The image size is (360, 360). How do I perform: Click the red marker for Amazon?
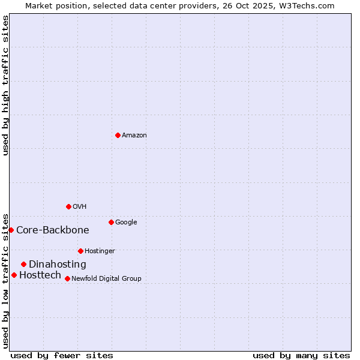click(x=118, y=135)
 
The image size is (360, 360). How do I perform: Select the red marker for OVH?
click(x=68, y=206)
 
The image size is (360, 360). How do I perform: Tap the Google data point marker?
click(x=111, y=222)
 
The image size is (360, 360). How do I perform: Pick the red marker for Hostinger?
click(x=80, y=251)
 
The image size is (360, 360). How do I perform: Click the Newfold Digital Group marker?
click(x=67, y=278)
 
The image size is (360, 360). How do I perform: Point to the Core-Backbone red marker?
click(x=11, y=230)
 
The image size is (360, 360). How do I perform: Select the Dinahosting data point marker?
click(x=23, y=264)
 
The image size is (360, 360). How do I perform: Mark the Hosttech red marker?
click(x=14, y=275)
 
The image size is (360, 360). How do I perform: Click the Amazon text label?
click(x=134, y=136)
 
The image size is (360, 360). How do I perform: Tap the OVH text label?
click(x=80, y=207)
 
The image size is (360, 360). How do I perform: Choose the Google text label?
click(x=126, y=223)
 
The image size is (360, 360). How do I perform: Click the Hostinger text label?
click(x=100, y=251)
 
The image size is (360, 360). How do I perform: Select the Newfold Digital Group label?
click(x=106, y=279)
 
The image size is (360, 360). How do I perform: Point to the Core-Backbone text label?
click(x=53, y=230)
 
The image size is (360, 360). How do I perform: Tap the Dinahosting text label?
click(x=58, y=265)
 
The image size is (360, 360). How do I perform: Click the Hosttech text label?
click(x=40, y=275)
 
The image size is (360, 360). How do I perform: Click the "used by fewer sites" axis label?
click(x=62, y=355)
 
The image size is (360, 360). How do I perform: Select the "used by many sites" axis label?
click(x=301, y=355)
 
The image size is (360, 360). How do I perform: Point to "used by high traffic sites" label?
click(x=5, y=85)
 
